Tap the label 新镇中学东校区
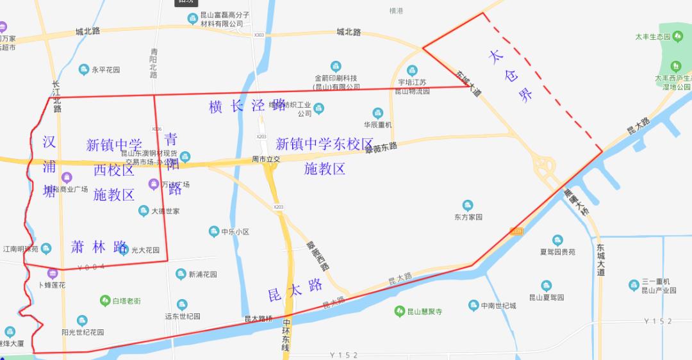click(x=324, y=144)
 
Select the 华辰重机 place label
click(x=377, y=125)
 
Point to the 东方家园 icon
click(x=468, y=206)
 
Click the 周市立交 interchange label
click(x=266, y=158)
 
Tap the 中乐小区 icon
click(x=214, y=231)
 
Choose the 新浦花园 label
click(x=202, y=274)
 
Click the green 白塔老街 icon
click(x=105, y=300)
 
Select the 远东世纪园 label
click(x=183, y=316)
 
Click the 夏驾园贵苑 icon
click(x=557, y=240)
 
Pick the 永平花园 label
click(x=106, y=70)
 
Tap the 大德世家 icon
click(x=144, y=211)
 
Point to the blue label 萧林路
click(x=99, y=247)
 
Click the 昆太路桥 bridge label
click(x=258, y=318)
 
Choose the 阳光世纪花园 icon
click(x=82, y=321)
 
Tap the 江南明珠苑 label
click(x=21, y=249)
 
